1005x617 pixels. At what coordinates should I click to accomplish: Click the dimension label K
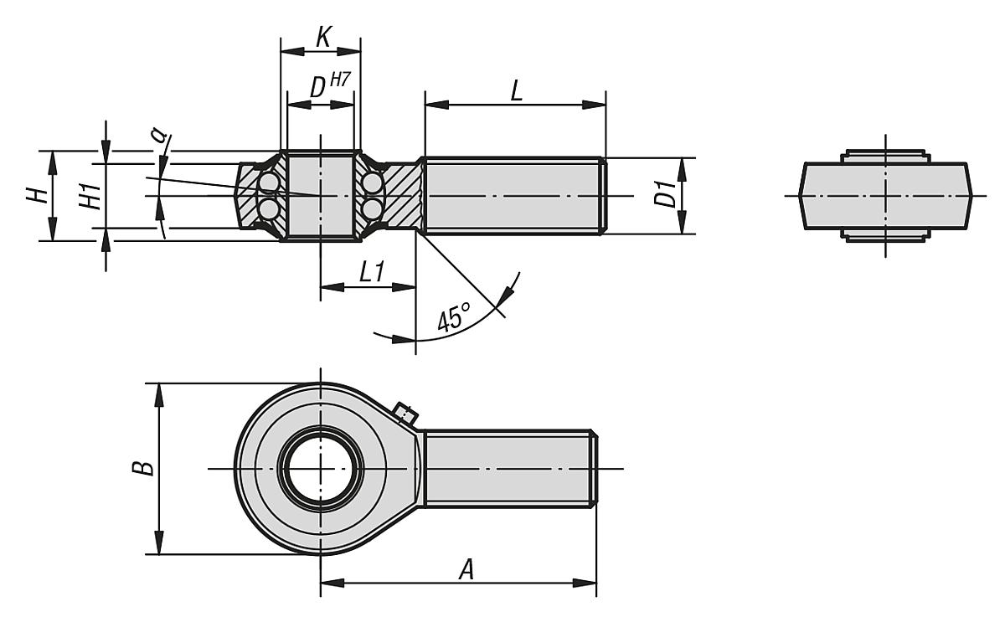point(322,37)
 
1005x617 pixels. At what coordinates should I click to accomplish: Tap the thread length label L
point(516,90)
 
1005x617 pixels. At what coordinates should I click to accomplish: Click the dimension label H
point(35,196)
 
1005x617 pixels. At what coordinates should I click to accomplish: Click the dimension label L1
point(371,271)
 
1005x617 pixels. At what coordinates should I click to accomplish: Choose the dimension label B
point(144,467)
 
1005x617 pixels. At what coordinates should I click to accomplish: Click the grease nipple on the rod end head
point(405,414)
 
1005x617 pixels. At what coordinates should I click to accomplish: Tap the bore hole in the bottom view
point(321,468)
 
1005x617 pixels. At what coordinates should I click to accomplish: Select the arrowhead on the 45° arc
point(505,296)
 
